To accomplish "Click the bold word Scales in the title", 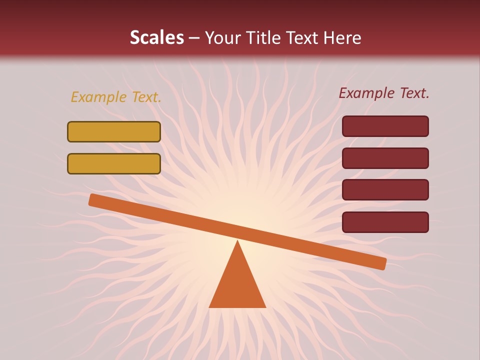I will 157,37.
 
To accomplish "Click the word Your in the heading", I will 223,38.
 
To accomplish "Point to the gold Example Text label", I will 115,97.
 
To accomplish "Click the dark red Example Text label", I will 384,93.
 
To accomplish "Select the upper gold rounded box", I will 114,131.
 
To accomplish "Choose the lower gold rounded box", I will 114,163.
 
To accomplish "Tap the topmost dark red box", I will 385,126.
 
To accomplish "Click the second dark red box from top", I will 385,158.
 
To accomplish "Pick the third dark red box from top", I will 385,190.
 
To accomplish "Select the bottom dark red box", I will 385,222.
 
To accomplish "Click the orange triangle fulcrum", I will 237,285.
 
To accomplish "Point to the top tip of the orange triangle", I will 237,242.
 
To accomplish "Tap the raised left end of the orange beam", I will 92,199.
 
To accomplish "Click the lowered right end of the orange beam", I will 382,263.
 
